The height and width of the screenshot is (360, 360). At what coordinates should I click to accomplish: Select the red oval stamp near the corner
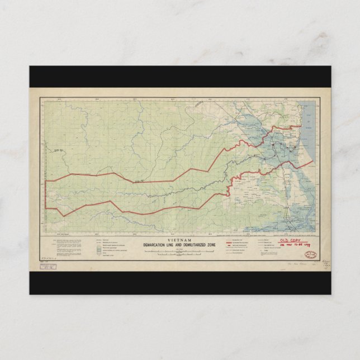(x=311, y=255)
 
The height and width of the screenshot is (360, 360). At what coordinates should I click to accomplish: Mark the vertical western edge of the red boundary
(x=45, y=195)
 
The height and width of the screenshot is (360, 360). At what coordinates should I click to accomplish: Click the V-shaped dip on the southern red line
(x=63, y=215)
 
